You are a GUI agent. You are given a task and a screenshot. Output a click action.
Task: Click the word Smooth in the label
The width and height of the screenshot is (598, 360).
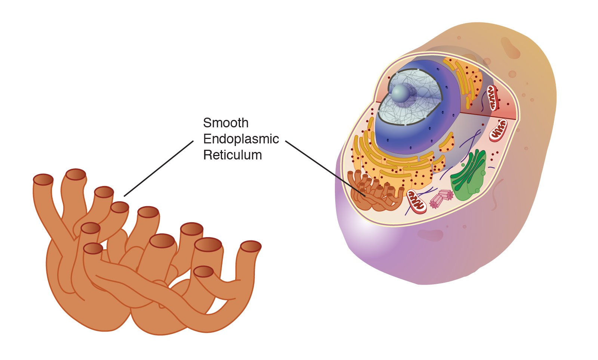[225, 123]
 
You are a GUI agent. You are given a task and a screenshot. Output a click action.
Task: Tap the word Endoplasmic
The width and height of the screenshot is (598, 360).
[241, 139]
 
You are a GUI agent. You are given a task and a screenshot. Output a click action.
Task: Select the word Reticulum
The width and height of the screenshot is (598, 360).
[232, 155]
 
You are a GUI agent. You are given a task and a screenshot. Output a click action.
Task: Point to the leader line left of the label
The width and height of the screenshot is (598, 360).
[159, 168]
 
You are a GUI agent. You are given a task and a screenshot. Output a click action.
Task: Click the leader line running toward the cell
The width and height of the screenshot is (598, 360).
[325, 168]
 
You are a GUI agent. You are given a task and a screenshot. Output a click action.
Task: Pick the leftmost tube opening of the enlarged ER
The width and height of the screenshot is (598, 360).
[43, 180]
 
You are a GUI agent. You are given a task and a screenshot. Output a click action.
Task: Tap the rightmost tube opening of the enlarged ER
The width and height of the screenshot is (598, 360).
[250, 246]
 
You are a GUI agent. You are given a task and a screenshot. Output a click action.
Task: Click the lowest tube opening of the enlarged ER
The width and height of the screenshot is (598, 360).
[204, 271]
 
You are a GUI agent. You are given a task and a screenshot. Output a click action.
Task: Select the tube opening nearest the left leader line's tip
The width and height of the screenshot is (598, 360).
[120, 207]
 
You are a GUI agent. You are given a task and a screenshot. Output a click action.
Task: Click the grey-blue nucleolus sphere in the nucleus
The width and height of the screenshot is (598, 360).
[401, 93]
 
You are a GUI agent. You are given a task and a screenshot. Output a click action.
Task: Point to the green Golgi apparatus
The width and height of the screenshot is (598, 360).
[469, 176]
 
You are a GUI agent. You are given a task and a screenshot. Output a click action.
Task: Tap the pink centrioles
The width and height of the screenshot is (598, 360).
[441, 198]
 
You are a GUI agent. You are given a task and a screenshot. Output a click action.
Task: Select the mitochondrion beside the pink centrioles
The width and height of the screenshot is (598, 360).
[416, 201]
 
